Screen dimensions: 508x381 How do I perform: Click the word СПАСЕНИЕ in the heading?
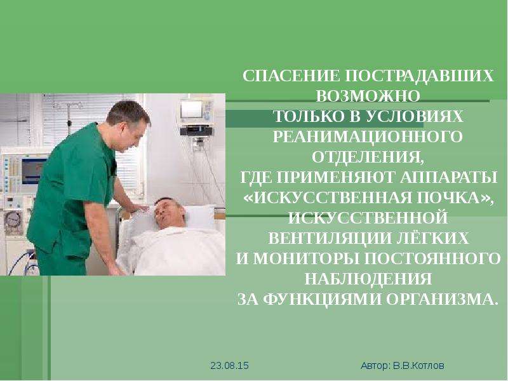(291, 76)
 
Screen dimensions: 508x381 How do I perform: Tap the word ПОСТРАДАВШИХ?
(420, 76)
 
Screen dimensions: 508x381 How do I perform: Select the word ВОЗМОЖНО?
(368, 97)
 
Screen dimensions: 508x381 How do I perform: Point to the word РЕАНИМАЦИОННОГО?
(368, 137)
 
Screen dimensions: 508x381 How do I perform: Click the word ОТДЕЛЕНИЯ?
(368, 157)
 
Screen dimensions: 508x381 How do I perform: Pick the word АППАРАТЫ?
(448, 177)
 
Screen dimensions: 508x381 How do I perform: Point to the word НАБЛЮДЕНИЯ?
(368, 279)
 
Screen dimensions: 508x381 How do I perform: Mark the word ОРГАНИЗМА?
(441, 299)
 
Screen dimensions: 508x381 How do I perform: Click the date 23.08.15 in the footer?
(229, 366)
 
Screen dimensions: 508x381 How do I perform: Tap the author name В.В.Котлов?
(418, 366)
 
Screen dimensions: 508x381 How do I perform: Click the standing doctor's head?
(129, 124)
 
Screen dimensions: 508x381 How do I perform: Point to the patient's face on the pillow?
(168, 213)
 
